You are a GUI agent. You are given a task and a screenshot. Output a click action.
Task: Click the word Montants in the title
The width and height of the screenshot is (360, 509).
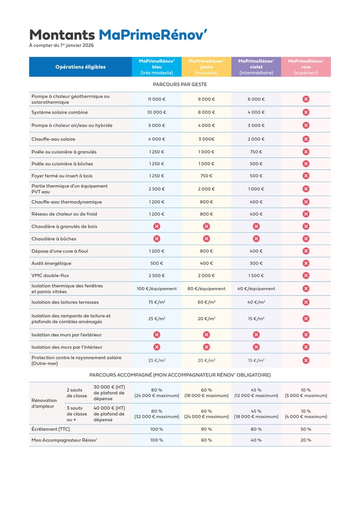[x=62, y=35]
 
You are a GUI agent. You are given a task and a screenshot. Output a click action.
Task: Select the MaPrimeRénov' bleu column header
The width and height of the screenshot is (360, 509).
[x=157, y=67]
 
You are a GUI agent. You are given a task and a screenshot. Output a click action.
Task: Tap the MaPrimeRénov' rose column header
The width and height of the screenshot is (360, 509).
[x=306, y=67]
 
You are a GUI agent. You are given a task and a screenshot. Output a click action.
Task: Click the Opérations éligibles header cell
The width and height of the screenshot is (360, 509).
[x=81, y=67]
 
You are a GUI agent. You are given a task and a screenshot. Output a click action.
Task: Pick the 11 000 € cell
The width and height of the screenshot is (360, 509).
[x=157, y=99]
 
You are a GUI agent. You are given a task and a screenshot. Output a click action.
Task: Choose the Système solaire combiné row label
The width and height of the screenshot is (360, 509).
[x=60, y=112]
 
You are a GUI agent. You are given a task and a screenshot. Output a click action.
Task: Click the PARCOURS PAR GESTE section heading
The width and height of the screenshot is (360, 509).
[x=179, y=84]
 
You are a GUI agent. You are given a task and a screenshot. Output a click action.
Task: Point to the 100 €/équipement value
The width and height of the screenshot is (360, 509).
[x=157, y=289]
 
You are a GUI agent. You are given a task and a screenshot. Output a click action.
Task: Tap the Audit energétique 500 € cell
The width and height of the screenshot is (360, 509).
[x=157, y=263]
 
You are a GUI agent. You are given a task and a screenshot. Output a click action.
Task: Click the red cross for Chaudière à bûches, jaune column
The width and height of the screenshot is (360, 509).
[x=206, y=239]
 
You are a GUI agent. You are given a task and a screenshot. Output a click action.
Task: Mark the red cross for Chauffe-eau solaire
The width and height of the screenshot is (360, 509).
[x=306, y=139]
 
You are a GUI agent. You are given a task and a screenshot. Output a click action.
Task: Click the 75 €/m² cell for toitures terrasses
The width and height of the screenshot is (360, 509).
[x=157, y=302]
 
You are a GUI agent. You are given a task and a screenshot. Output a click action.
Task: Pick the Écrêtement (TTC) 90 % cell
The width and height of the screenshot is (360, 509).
[x=206, y=429]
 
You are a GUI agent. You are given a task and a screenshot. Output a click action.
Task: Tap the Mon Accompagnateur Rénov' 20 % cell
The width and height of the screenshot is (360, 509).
[x=306, y=440]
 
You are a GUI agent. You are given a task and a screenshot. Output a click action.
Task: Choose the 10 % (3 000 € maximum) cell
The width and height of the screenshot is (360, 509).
[x=306, y=393]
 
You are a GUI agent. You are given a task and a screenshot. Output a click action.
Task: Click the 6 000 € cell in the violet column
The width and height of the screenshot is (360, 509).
[x=256, y=99]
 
